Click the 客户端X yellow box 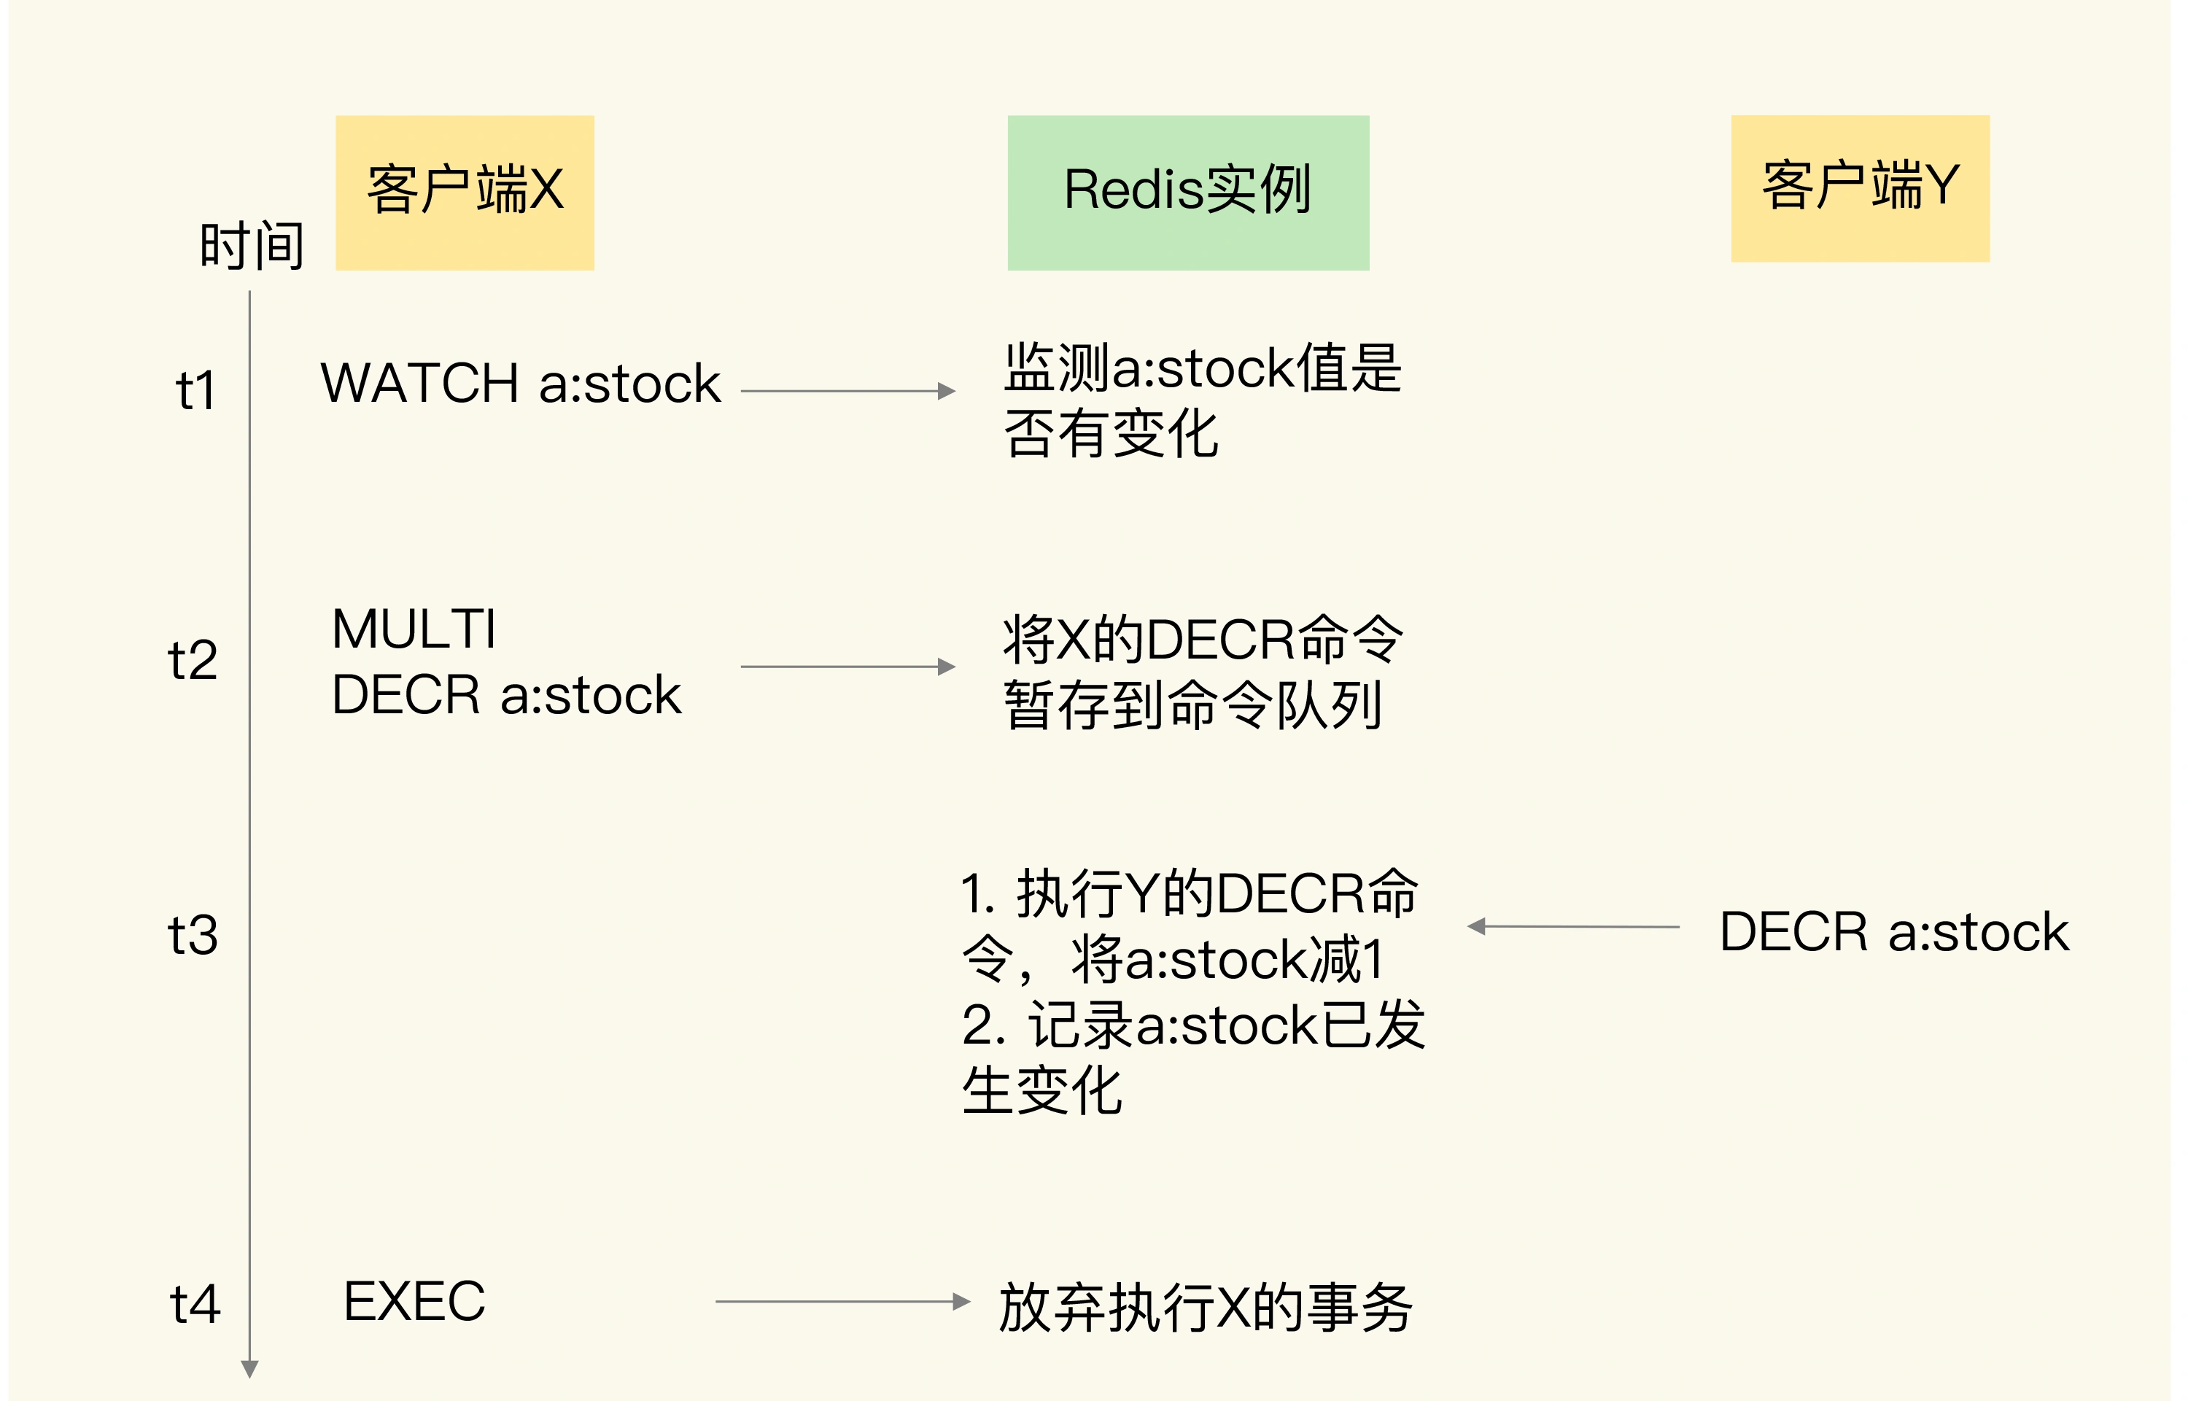(x=464, y=192)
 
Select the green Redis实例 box (x=1187, y=192)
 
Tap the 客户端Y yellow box (x=1860, y=188)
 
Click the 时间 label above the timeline (x=251, y=246)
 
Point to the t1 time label (x=195, y=391)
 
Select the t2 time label (x=193, y=661)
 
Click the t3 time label (x=193, y=935)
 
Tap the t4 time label (x=195, y=1304)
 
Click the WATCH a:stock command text (x=521, y=383)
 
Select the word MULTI (x=414, y=629)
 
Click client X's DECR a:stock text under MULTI (x=506, y=696)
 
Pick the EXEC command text (x=415, y=1301)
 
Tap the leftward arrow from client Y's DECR (x=1573, y=926)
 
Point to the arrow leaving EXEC (x=842, y=1302)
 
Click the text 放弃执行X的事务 (x=1206, y=1308)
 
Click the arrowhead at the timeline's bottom (x=249, y=1369)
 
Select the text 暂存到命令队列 (x=1192, y=705)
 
